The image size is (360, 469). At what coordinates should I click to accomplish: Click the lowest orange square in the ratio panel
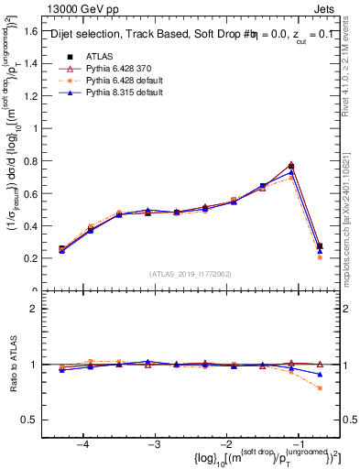click(x=320, y=388)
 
